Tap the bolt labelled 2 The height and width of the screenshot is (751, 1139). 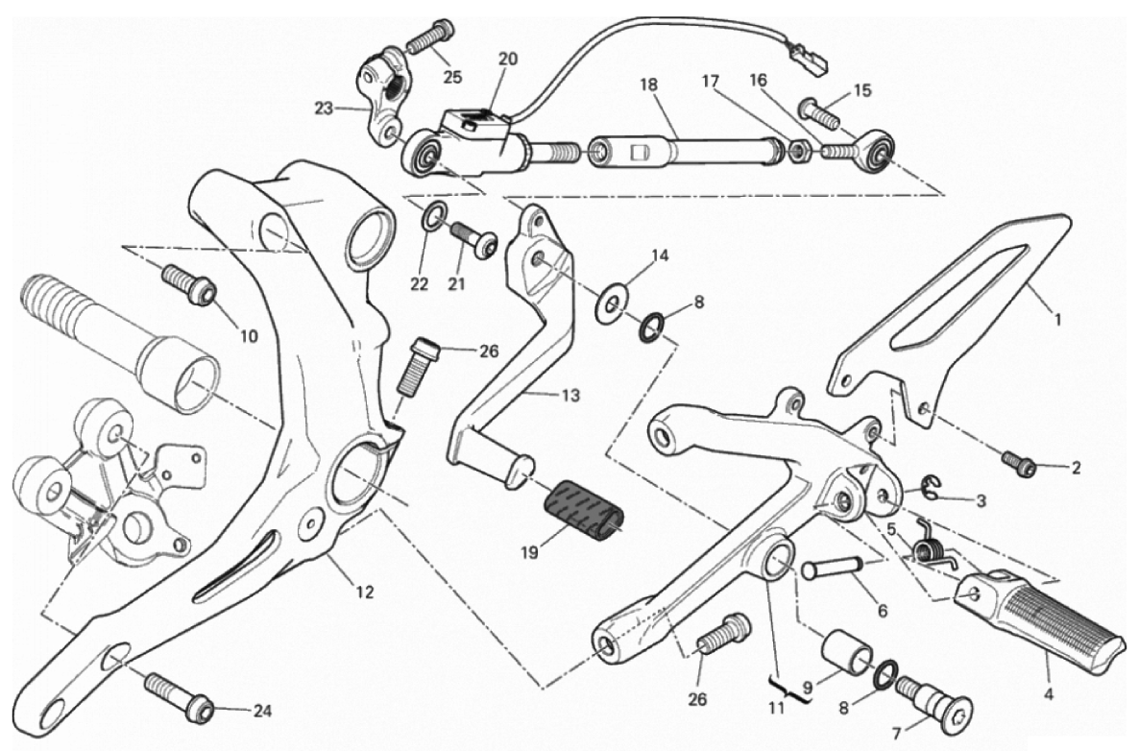tap(1018, 464)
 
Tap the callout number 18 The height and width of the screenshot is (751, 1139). tap(650, 85)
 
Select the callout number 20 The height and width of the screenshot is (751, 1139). tap(507, 60)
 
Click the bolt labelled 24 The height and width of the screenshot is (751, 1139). tap(181, 696)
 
